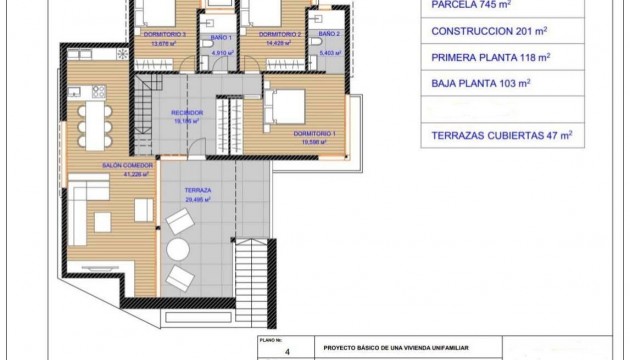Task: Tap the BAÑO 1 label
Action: [221, 36]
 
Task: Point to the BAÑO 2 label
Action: [330, 35]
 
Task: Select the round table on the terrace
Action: [179, 248]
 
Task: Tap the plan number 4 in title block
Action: [286, 352]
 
